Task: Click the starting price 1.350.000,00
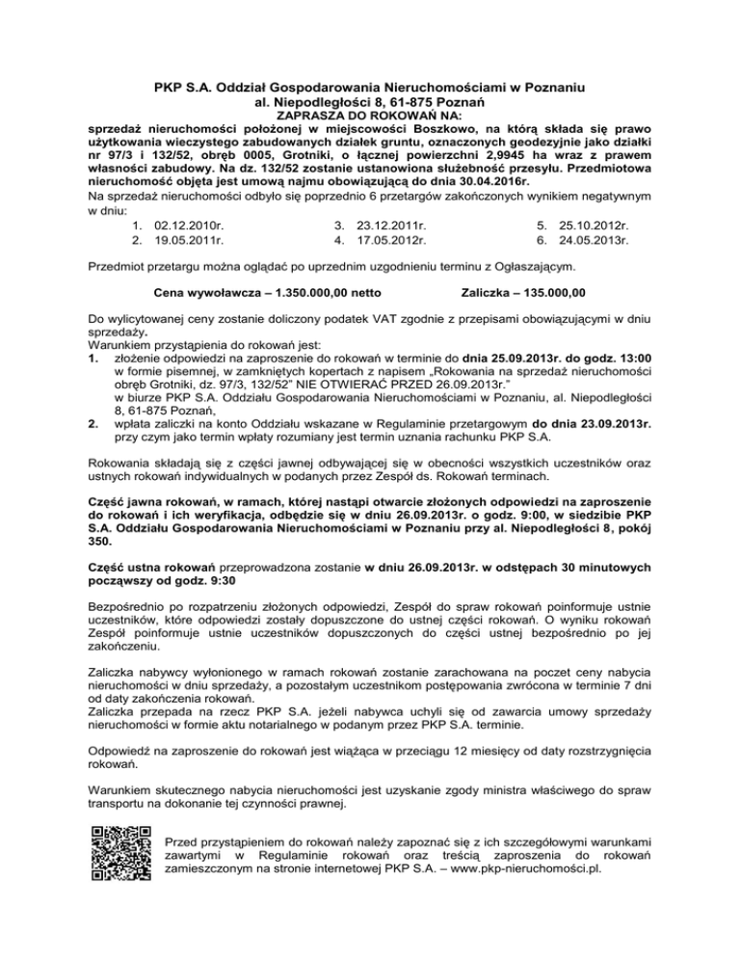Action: click(298, 291)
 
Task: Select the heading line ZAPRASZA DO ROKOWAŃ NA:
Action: click(369, 114)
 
